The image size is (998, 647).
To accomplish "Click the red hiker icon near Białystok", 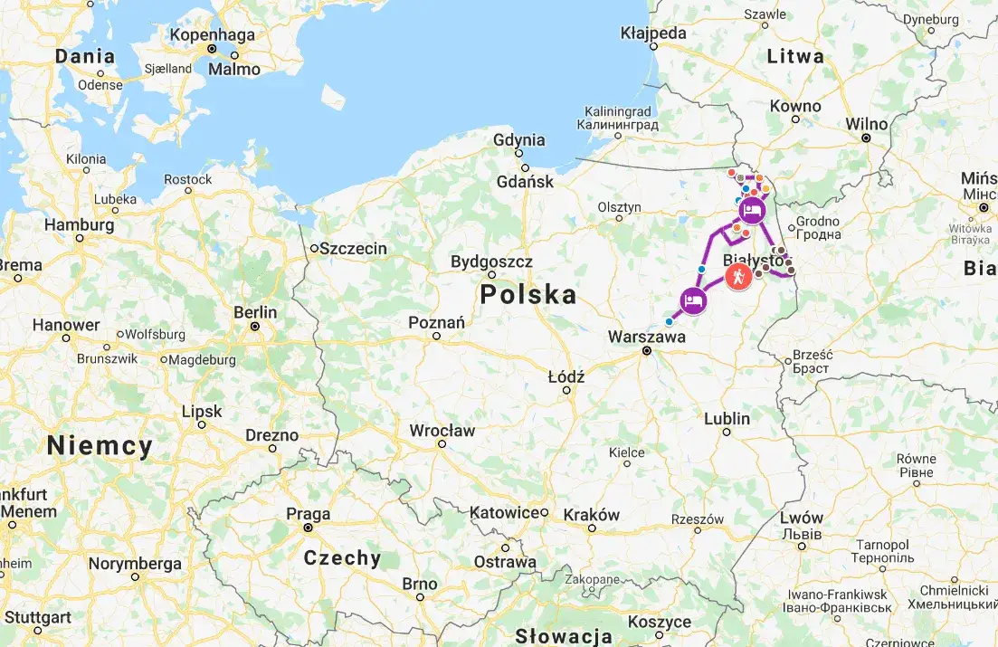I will click(x=739, y=278).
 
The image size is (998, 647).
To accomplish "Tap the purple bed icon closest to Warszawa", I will click(x=692, y=300).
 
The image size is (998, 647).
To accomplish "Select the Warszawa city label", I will click(x=646, y=336).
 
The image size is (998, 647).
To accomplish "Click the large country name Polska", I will click(x=528, y=294).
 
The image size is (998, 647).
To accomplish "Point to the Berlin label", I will click(x=255, y=311).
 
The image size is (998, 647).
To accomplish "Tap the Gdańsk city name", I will click(x=525, y=181).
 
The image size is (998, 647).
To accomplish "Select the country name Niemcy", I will click(x=100, y=445).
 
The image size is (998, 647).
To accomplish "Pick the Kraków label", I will click(x=592, y=514).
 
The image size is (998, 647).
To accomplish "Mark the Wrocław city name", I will click(x=442, y=431).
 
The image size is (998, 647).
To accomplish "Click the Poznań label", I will click(x=436, y=322).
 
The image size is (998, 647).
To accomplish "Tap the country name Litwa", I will click(x=795, y=56).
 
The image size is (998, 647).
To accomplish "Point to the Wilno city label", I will click(x=866, y=124).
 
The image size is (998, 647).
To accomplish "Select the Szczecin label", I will click(x=354, y=248).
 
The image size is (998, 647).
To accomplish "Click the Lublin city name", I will click(x=727, y=418).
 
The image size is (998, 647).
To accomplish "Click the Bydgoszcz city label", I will click(x=491, y=262).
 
